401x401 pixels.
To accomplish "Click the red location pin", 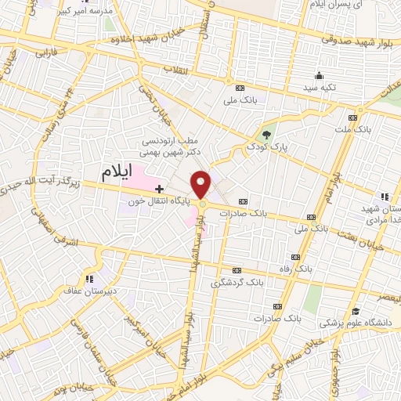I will (202, 183).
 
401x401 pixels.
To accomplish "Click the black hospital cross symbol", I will (160, 189).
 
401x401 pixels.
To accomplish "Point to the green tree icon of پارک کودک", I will (269, 135).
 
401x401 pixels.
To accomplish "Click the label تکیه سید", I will (319, 89).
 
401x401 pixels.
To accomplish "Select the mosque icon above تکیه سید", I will (319, 76).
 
